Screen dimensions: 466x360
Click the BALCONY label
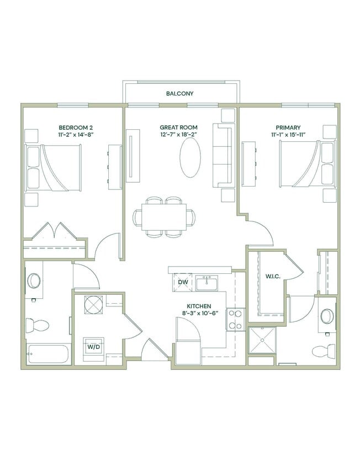179,94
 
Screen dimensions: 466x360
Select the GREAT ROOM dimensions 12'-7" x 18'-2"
179,135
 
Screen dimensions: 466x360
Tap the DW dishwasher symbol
183,283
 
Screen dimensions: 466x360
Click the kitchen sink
209,282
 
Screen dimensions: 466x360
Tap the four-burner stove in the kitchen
235,319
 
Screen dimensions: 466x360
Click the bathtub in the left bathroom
47,354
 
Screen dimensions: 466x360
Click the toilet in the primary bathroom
324,350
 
